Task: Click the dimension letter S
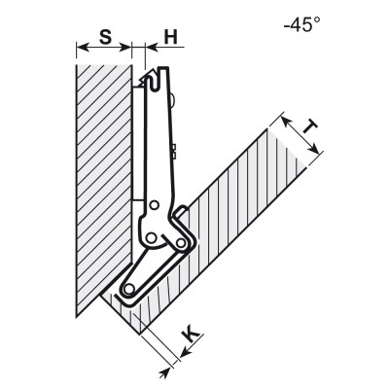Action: (105, 37)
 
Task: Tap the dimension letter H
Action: (171, 37)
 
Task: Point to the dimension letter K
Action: (192, 335)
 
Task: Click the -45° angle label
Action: (302, 24)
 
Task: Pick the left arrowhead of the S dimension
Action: (83, 48)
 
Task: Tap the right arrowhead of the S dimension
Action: (125, 48)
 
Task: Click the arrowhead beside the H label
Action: (152, 48)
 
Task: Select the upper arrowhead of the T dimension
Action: (285, 122)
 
